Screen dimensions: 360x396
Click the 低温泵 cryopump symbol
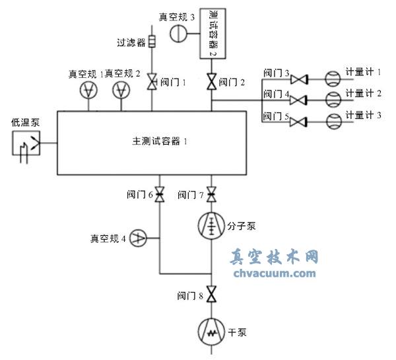pyautogui.click(x=26, y=143)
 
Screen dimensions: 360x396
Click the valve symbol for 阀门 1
pyautogui.click(x=152, y=83)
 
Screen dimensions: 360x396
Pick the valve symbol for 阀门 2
pyautogui.click(x=211, y=83)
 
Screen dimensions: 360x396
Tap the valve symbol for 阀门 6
pyautogui.click(x=158, y=195)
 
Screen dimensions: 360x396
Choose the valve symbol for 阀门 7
pyautogui.click(x=211, y=195)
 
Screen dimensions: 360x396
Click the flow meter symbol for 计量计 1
pyautogui.click(x=332, y=80)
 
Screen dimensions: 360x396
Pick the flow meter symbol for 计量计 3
pyautogui.click(x=332, y=122)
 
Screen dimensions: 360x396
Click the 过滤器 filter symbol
pyautogui.click(x=152, y=42)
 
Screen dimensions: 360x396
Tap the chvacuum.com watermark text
pyautogui.click(x=274, y=272)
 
